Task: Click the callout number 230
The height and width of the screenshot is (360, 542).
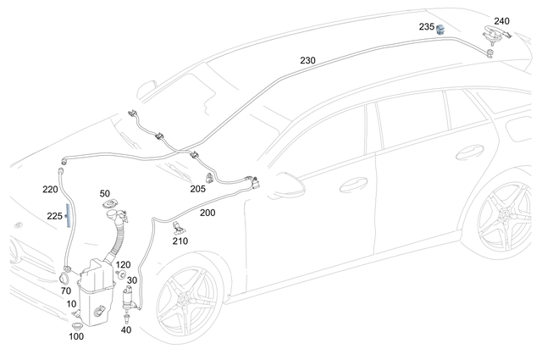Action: (307, 61)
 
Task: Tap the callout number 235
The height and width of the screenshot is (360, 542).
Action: (426, 27)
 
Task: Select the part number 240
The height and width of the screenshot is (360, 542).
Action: (501, 20)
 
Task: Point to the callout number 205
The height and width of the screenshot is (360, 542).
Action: (197, 189)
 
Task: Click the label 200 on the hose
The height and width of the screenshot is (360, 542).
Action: (207, 214)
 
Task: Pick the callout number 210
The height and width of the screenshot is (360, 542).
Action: (180, 241)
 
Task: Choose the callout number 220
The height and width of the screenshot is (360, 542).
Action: (50, 190)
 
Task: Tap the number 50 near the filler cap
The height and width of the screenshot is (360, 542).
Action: (105, 194)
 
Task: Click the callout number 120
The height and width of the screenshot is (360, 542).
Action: (123, 265)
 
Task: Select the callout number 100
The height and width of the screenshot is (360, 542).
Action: (75, 336)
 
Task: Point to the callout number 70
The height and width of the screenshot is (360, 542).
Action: (65, 291)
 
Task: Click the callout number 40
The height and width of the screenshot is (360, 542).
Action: (126, 330)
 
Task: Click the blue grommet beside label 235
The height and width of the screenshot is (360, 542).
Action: (440, 30)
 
